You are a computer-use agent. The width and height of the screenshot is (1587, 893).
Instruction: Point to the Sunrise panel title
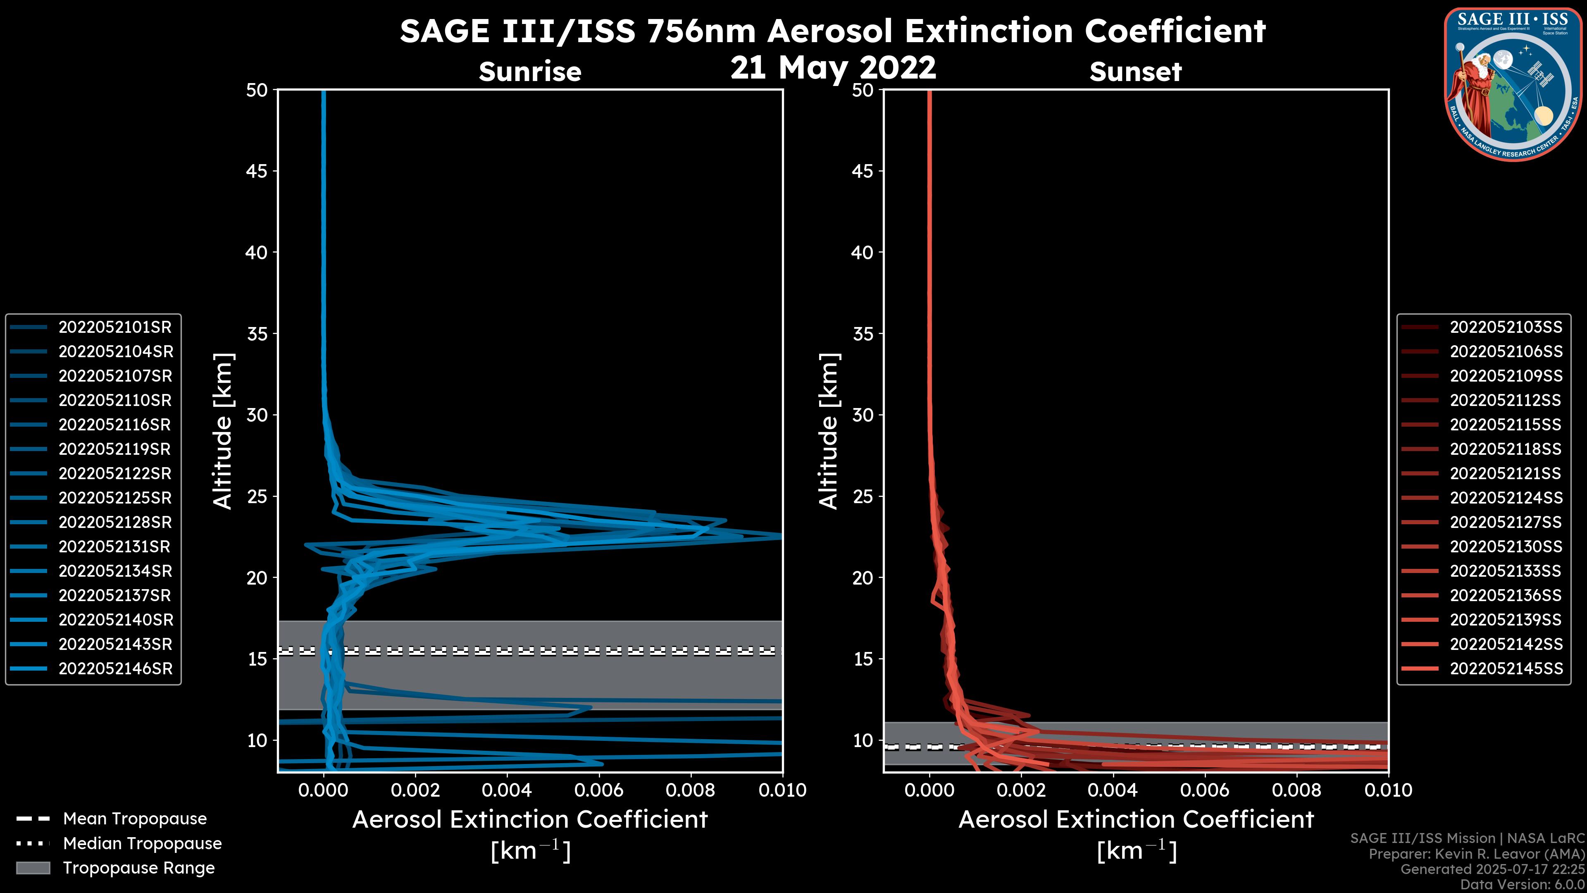pyautogui.click(x=530, y=72)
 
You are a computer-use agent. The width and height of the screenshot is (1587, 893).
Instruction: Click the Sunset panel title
pyautogui.click(x=1135, y=72)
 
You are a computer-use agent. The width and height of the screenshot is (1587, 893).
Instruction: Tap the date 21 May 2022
pyautogui.click(x=833, y=68)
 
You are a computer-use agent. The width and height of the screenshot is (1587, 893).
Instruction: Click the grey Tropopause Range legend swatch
pyautogui.click(x=33, y=868)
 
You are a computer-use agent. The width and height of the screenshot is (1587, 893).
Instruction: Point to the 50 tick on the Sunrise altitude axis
pyautogui.click(x=257, y=91)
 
